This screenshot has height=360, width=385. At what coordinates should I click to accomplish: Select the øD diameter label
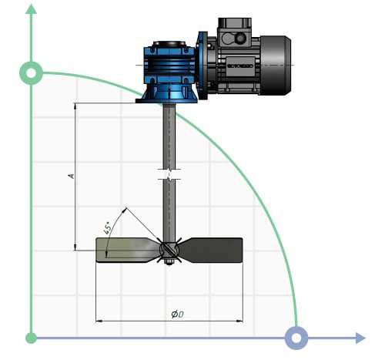tap(176, 314)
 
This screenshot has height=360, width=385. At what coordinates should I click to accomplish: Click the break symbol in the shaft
tap(169, 173)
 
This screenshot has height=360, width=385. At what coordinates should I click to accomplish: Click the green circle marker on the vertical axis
tap(31, 73)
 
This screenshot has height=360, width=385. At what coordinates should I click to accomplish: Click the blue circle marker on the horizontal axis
tap(296, 338)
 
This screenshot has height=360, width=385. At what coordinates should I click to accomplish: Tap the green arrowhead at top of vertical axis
tap(31, 9)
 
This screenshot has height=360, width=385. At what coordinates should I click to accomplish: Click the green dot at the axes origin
tap(31, 338)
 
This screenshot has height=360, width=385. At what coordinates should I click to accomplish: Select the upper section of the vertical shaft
tap(169, 135)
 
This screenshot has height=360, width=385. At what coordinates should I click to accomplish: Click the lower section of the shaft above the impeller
tap(169, 212)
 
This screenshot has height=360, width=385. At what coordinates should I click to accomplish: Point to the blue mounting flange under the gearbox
tap(168, 96)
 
